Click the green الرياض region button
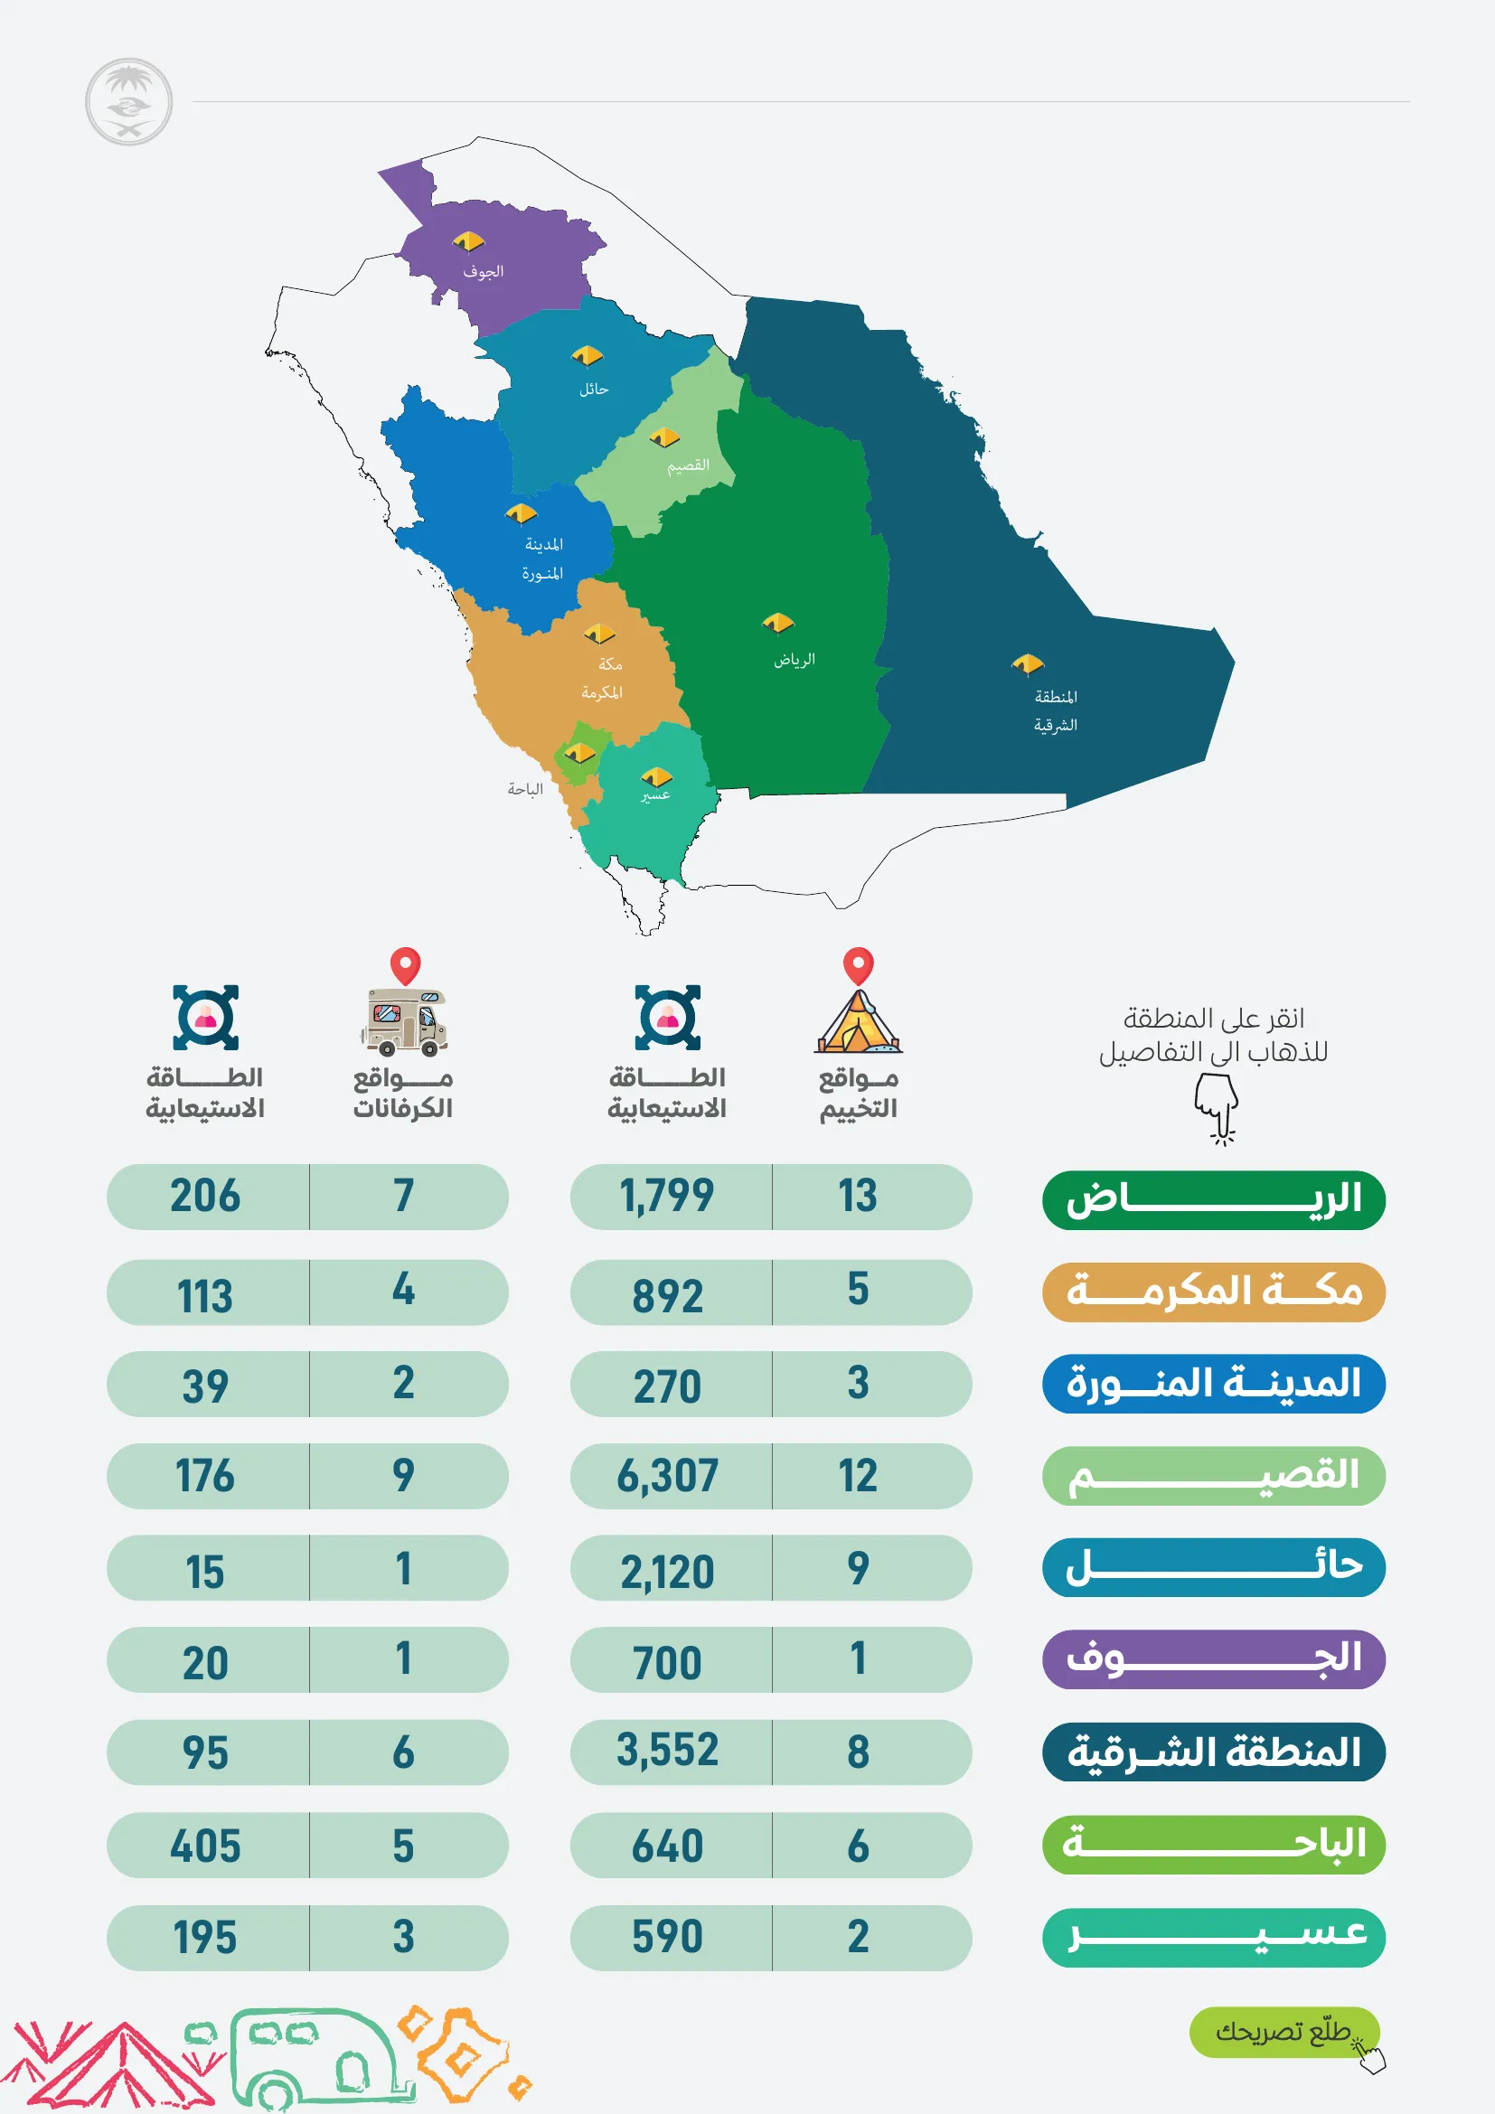(1212, 1199)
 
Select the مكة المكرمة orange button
(1212, 1292)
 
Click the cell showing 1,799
(668, 1196)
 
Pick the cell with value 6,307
(668, 1476)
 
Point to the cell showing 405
(206, 1846)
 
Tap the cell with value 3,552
(668, 1751)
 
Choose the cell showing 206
(206, 1196)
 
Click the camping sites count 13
(857, 1196)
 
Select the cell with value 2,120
(668, 1570)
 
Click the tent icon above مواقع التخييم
(858, 1021)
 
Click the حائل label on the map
(594, 390)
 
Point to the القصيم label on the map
(689, 465)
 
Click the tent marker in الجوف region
(467, 242)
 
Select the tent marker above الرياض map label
(778, 624)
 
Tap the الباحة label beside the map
(525, 789)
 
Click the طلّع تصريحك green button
(1283, 2031)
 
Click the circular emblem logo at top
(129, 102)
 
